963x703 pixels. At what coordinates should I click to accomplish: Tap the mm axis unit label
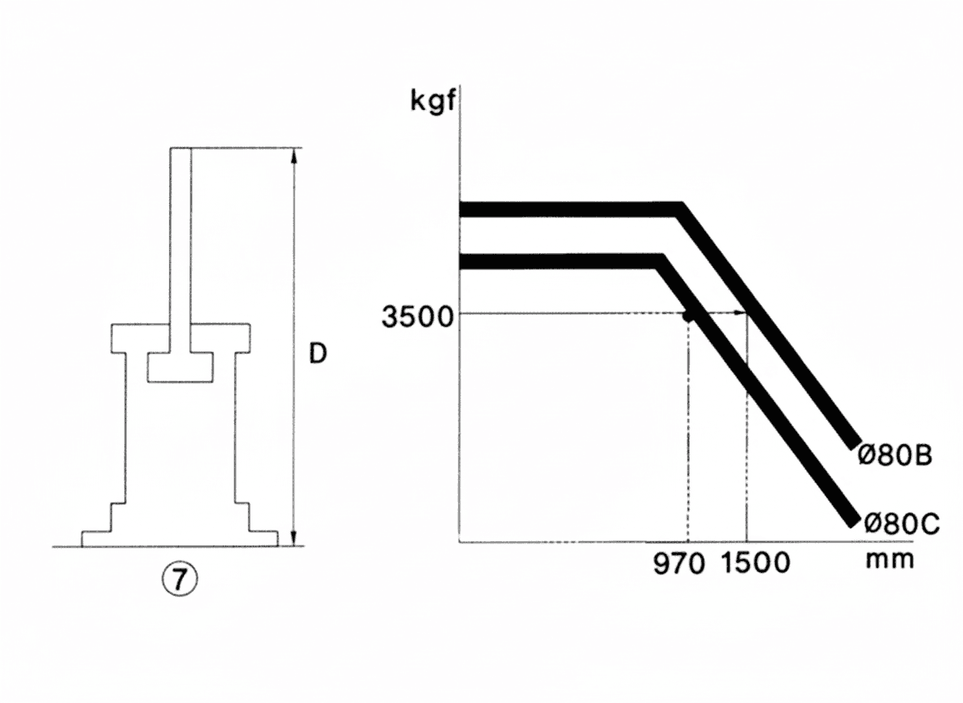click(889, 560)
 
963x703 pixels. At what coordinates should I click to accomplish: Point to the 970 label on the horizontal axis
click(678, 564)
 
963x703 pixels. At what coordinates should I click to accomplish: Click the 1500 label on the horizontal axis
click(754, 564)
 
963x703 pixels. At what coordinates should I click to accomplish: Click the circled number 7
click(179, 579)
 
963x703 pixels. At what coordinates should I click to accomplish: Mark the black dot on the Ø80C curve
click(689, 316)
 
